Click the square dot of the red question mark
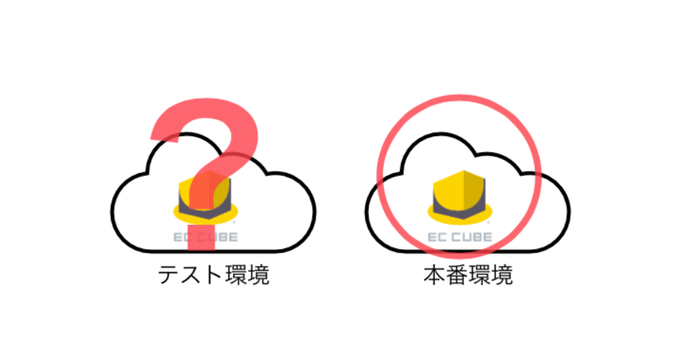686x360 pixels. point(201,238)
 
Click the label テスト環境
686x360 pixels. point(214,275)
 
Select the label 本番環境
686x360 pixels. point(468,275)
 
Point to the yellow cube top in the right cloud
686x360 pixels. point(458,190)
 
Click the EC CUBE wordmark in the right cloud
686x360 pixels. point(460,237)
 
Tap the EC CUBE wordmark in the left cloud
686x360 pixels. point(205,237)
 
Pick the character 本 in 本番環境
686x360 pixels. point(434,275)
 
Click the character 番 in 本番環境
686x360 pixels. point(457,275)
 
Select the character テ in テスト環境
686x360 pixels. point(169,275)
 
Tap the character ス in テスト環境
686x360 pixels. point(192,275)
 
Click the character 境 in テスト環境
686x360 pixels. point(259,275)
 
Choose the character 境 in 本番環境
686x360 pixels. point(502,275)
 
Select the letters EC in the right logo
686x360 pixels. point(438,237)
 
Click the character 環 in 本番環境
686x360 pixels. point(480,275)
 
